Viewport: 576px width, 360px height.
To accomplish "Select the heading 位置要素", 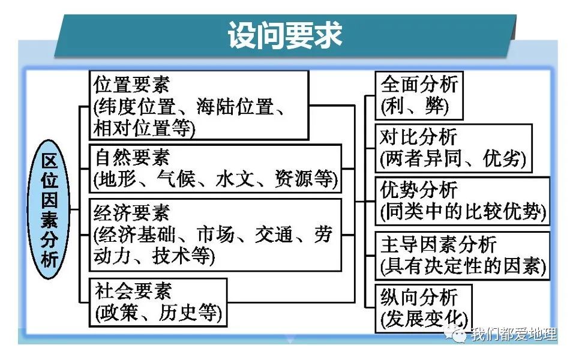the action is point(131,84).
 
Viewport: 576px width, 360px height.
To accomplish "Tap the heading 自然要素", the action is point(133,157).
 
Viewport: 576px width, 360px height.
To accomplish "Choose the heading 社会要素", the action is point(133,291).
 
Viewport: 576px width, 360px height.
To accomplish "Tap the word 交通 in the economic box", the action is point(274,235).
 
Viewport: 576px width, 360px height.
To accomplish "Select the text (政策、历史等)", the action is point(158,313).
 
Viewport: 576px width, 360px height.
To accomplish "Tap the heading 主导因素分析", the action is point(439,244).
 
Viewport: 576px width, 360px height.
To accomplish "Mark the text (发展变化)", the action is point(424,319).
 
